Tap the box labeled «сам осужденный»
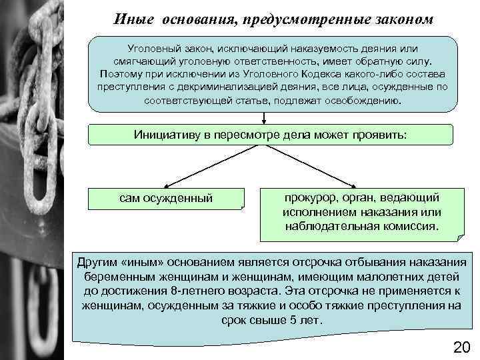pyautogui.click(x=166, y=198)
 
